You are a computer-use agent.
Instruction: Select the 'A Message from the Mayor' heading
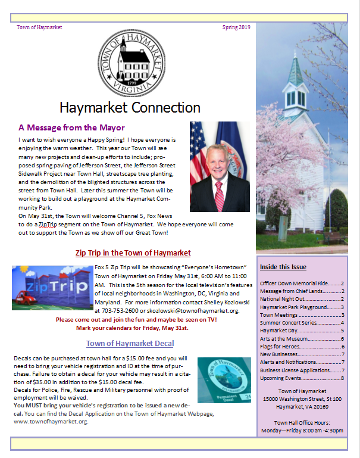coord(71,127)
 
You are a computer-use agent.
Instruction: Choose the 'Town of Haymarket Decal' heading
coord(130,344)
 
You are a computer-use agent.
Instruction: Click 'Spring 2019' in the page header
coord(236,27)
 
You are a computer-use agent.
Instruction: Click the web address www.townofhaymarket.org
coord(50,422)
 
